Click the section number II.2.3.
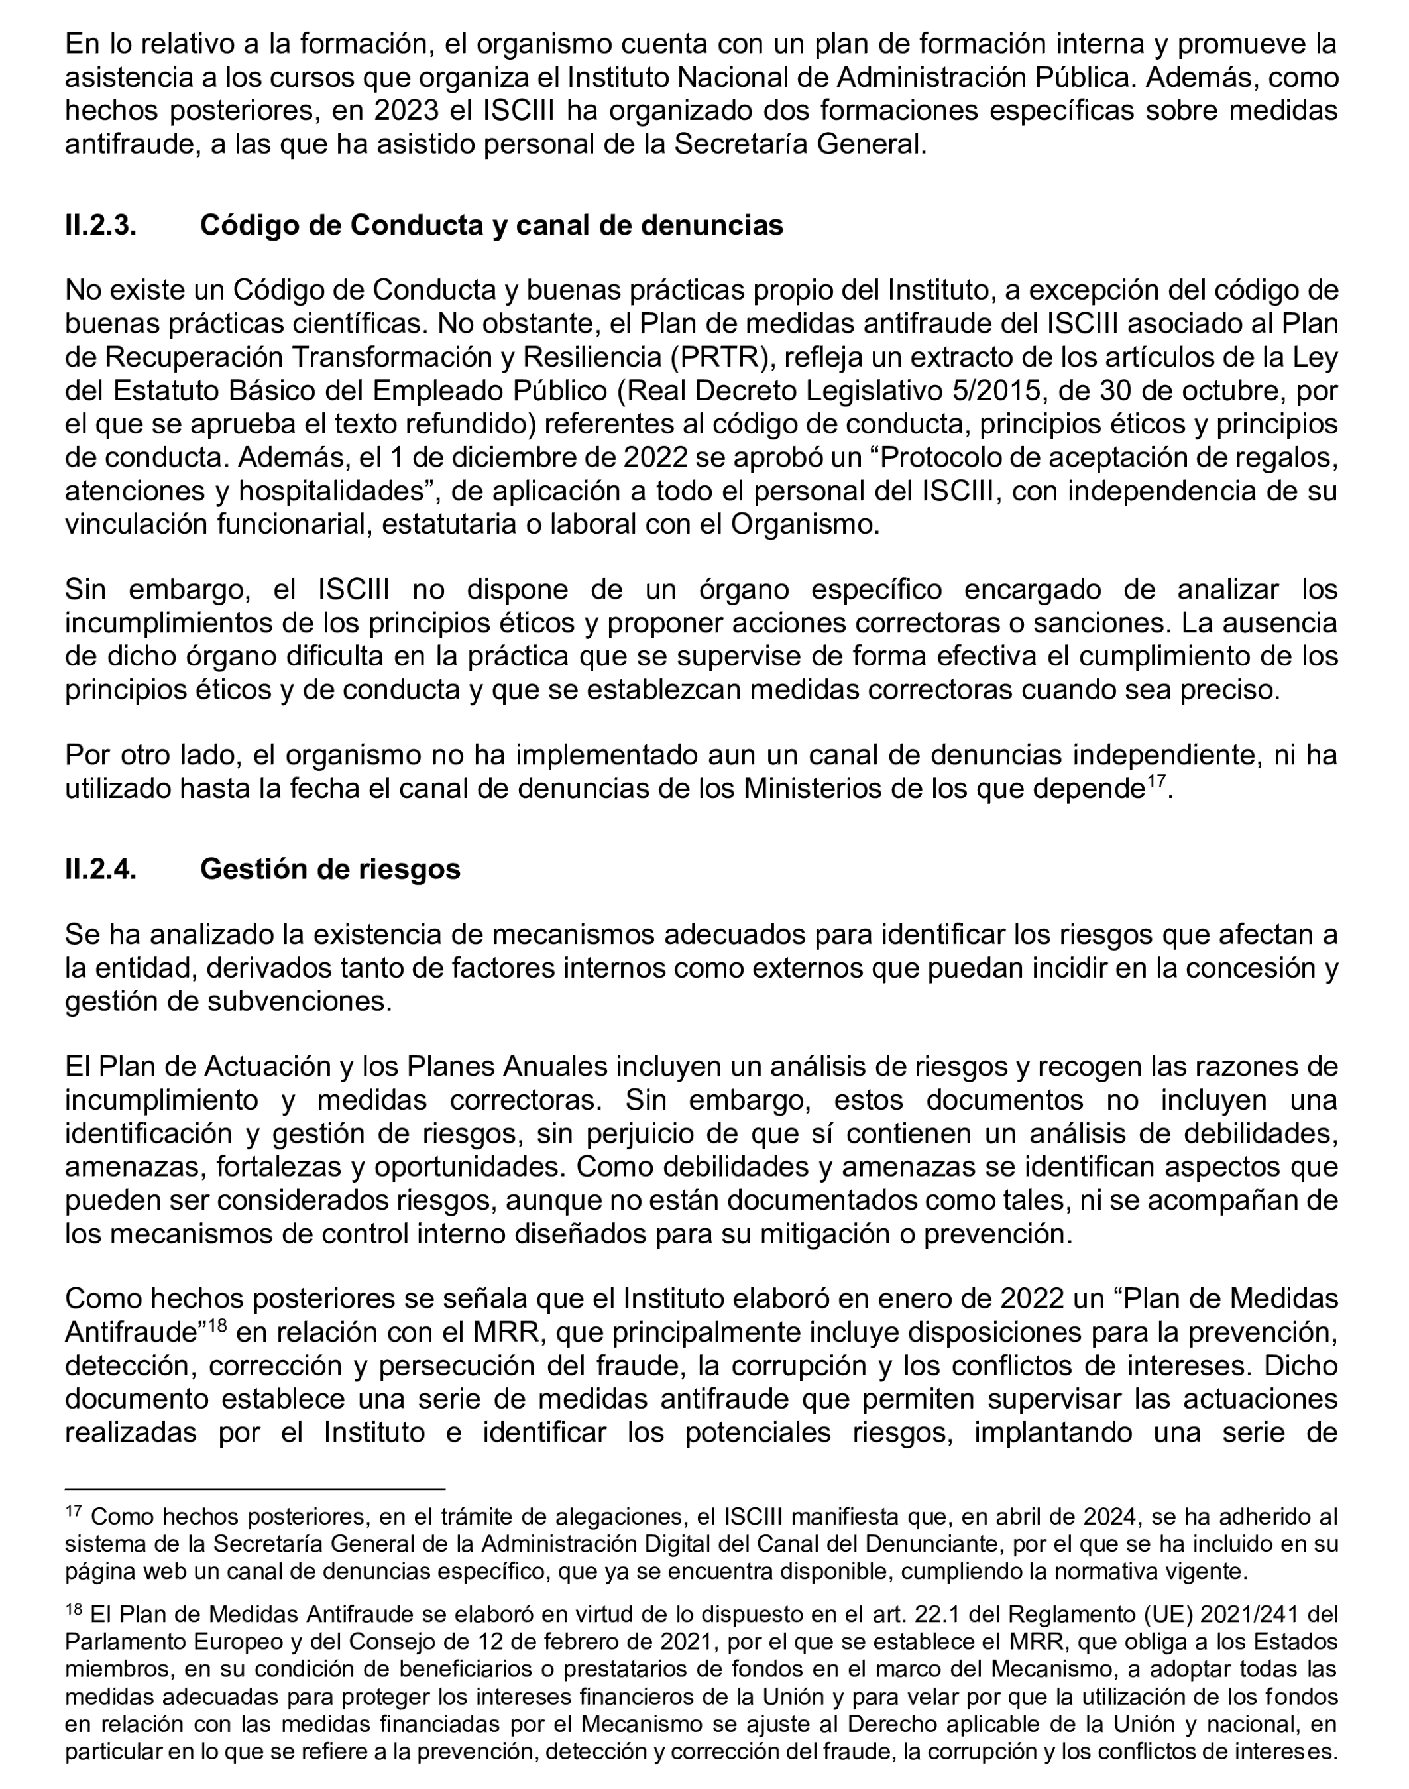(x=101, y=225)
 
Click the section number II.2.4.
(x=101, y=869)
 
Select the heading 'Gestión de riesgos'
(x=330, y=869)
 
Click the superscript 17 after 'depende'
(x=1156, y=781)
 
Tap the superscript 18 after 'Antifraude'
(x=215, y=1326)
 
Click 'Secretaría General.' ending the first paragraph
(x=800, y=144)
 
